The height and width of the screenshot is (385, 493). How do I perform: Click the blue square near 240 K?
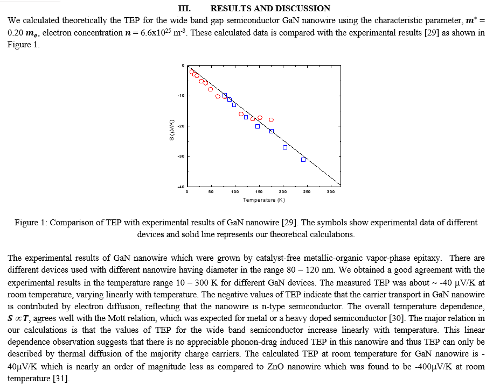pyautogui.click(x=303, y=160)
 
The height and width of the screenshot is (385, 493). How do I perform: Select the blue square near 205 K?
pyautogui.click(x=285, y=147)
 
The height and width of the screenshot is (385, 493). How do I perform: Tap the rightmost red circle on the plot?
pyautogui.click(x=272, y=120)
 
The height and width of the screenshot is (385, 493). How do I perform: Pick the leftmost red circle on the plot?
pyautogui.click(x=192, y=72)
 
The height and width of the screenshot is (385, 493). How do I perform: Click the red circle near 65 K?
pyautogui.click(x=218, y=96)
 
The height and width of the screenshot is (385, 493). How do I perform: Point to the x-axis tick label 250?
pyautogui.click(x=307, y=192)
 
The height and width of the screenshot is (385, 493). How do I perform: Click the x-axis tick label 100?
pyautogui.click(x=235, y=192)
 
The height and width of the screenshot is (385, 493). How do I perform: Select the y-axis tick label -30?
pyautogui.click(x=181, y=156)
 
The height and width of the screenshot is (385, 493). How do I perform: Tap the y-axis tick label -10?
pyautogui.click(x=181, y=95)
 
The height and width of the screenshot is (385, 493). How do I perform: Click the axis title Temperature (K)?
pyautogui.click(x=264, y=200)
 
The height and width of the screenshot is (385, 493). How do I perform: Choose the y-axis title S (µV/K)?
pyautogui.click(x=171, y=130)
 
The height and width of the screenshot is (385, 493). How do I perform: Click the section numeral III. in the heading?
pyautogui.click(x=184, y=8)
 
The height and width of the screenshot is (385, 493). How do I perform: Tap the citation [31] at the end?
pyautogui.click(x=61, y=379)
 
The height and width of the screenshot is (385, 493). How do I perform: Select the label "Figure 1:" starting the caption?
pyautogui.click(x=31, y=223)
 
